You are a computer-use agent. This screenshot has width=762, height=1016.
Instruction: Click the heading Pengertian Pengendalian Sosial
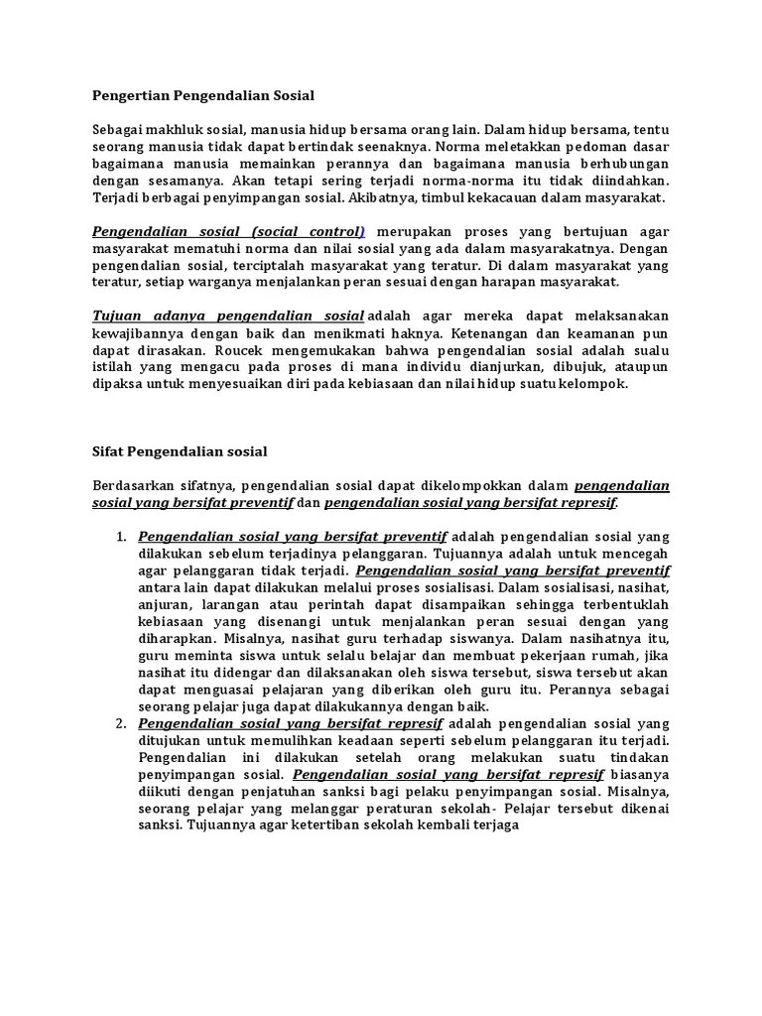pos(202,96)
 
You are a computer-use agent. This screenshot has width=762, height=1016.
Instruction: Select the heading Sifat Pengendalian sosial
pos(180,450)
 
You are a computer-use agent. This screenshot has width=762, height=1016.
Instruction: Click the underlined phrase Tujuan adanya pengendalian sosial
pos(228,316)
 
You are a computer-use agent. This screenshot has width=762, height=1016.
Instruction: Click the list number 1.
pos(120,537)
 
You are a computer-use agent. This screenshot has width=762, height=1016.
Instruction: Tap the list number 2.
pos(120,724)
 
